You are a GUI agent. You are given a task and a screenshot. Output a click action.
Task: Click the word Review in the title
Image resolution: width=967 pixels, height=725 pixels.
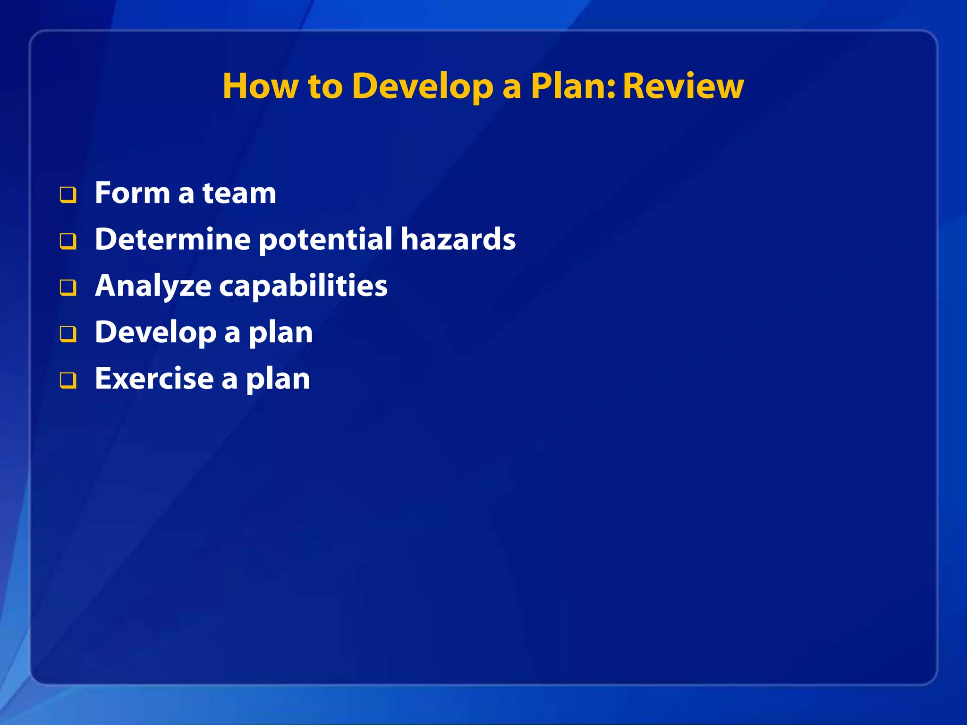click(683, 86)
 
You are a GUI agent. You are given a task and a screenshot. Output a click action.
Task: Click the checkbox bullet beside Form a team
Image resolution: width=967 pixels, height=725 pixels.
click(68, 194)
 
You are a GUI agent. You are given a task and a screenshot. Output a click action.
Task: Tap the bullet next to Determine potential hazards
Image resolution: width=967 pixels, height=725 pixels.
click(68, 241)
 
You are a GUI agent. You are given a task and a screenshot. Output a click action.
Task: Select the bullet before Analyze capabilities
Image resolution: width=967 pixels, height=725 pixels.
click(68, 287)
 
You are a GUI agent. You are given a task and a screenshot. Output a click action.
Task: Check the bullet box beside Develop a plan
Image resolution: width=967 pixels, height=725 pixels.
click(68, 334)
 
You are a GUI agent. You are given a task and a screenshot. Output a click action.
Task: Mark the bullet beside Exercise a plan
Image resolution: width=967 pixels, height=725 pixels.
click(68, 380)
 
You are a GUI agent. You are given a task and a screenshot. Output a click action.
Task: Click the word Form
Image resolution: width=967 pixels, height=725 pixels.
click(133, 193)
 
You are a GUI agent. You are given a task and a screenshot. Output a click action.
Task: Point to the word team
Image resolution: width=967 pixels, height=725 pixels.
click(239, 193)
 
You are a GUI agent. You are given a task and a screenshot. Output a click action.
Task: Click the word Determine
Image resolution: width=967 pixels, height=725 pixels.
click(172, 239)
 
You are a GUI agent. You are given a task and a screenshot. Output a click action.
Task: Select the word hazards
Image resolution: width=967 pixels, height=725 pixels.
click(458, 239)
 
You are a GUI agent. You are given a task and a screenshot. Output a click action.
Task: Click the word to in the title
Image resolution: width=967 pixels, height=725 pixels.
click(325, 87)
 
